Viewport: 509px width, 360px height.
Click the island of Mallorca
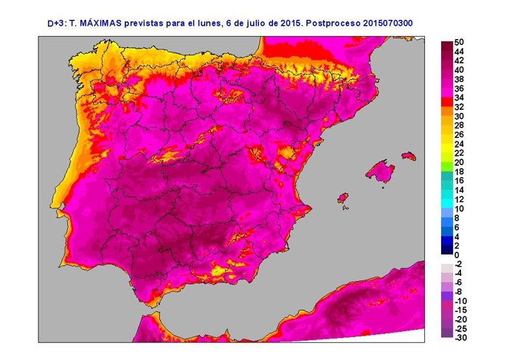click(x=381, y=171)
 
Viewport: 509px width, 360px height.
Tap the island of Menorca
click(x=406, y=156)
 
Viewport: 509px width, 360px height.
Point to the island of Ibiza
click(x=342, y=198)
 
